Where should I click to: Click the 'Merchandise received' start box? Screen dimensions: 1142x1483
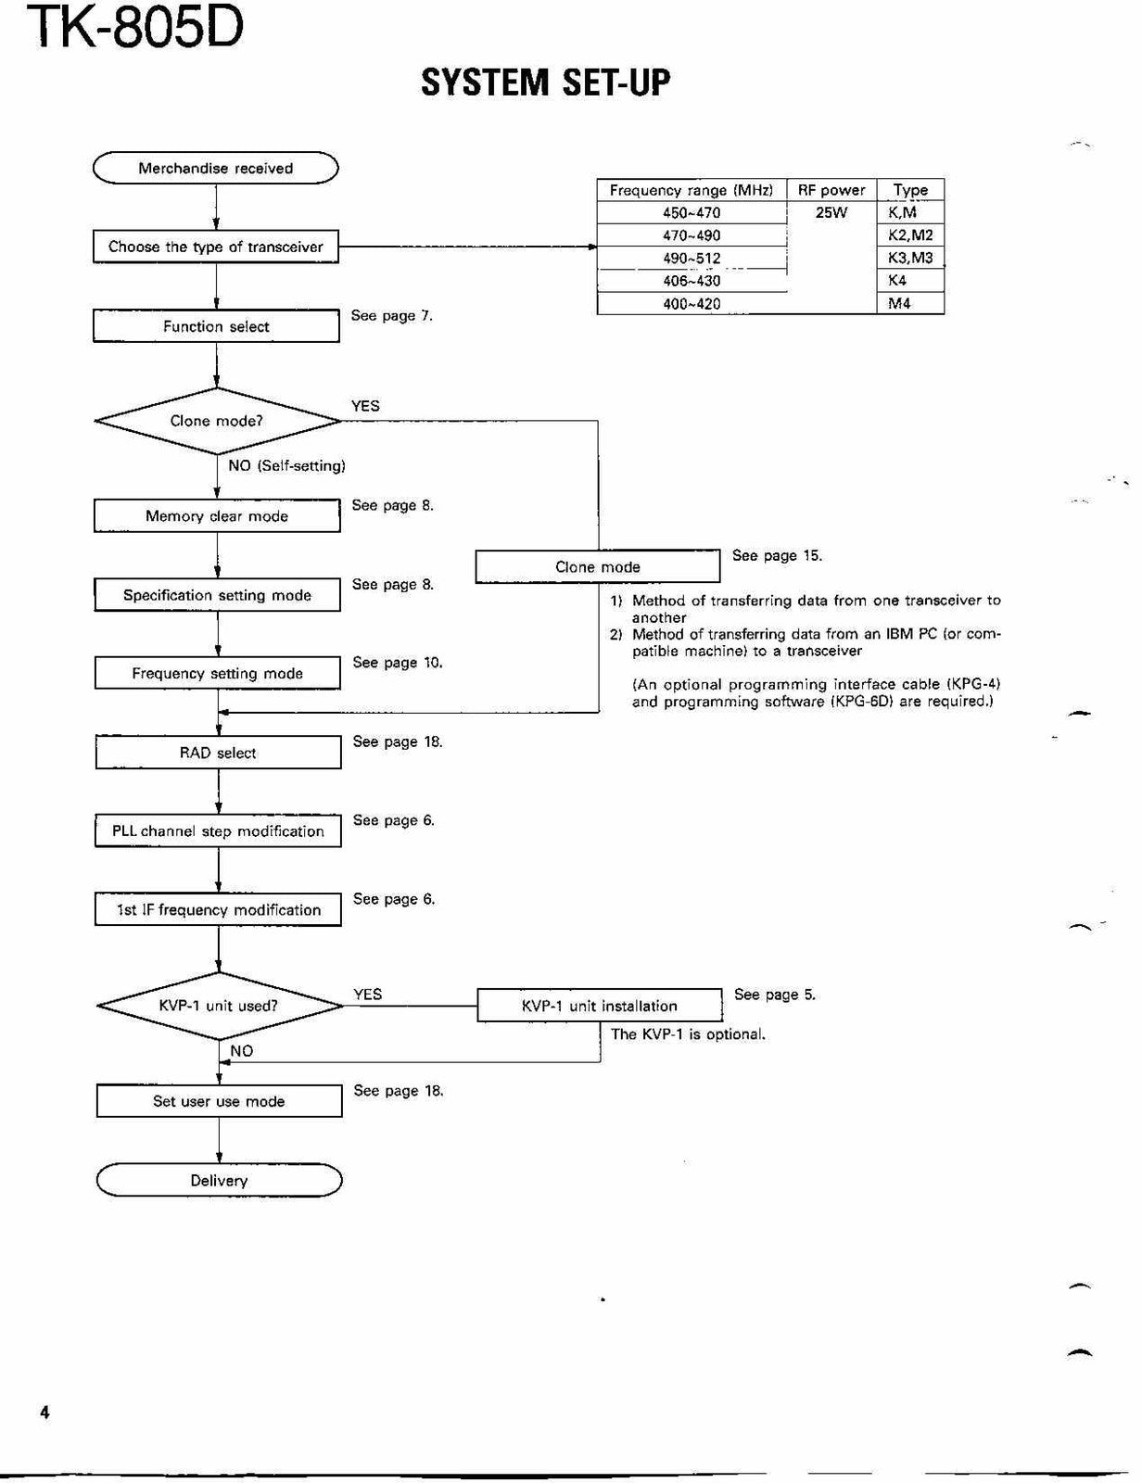click(216, 168)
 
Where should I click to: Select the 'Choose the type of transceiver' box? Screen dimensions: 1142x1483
click(216, 247)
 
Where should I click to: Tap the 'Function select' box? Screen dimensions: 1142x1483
click(216, 326)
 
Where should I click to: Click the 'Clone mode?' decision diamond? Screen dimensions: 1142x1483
click(217, 421)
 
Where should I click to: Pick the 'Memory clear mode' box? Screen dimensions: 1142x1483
click(217, 516)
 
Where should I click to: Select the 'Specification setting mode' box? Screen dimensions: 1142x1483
click(218, 595)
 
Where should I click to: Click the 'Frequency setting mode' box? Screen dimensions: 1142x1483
click(218, 674)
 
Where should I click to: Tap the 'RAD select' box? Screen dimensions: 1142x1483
click(219, 753)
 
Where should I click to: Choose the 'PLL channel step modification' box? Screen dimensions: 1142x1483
click(219, 831)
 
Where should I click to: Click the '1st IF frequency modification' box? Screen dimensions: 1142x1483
click(219, 910)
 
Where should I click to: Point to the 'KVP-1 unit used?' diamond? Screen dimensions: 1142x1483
click(220, 1006)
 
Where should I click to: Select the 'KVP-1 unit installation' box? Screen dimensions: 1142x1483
click(600, 1006)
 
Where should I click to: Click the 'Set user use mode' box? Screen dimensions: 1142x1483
click(219, 1101)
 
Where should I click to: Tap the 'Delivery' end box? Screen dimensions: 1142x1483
click(219, 1180)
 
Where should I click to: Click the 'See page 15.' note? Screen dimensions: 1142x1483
click(777, 555)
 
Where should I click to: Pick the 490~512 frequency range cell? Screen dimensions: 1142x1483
click(692, 258)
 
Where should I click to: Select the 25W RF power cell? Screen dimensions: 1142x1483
click(831, 212)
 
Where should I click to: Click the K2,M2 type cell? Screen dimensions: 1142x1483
click(911, 235)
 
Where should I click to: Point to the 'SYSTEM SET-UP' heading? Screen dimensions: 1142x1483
click(546, 82)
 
